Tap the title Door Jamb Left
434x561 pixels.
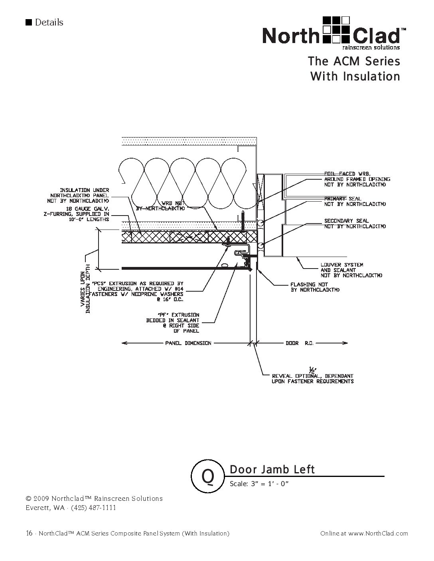(x=272, y=470)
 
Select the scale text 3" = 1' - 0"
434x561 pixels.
(x=259, y=484)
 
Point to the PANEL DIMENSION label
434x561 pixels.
(x=188, y=343)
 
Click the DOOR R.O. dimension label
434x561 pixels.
(x=300, y=343)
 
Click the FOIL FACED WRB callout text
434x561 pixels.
(x=357, y=179)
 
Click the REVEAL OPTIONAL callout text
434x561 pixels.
(x=312, y=379)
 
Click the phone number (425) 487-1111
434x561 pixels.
(x=93, y=508)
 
